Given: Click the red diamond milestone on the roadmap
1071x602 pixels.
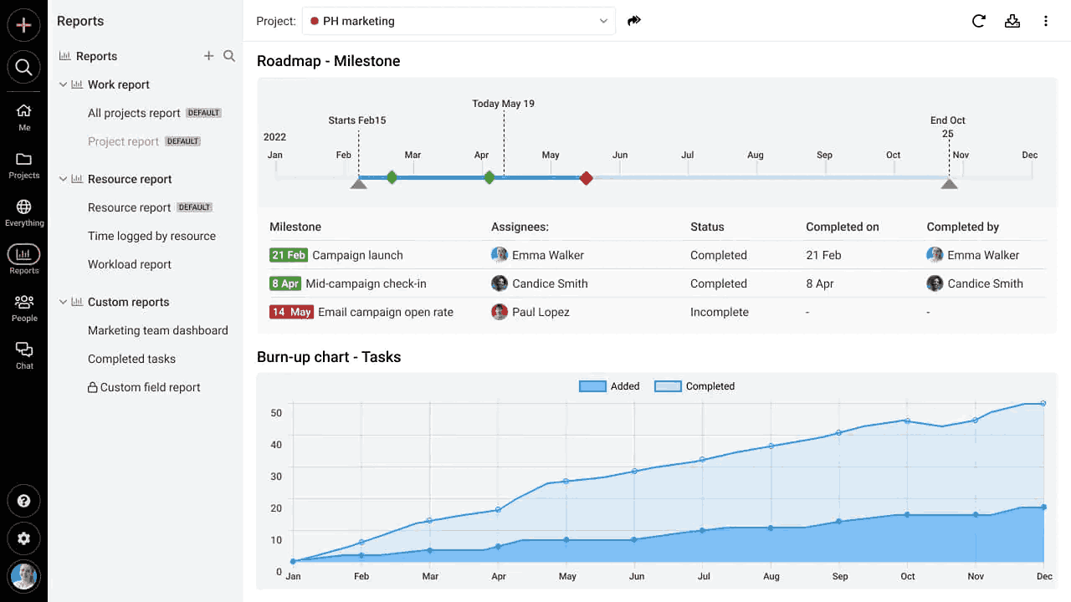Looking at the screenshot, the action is click(587, 178).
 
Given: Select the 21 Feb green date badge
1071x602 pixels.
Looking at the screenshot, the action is click(289, 255).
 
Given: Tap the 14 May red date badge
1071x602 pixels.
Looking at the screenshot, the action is click(291, 312).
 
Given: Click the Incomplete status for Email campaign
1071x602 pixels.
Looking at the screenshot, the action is click(719, 312).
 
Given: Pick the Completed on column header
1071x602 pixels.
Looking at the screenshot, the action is click(842, 227).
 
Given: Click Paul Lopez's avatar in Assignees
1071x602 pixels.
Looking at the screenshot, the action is click(500, 312).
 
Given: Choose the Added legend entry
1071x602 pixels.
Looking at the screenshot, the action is click(608, 386).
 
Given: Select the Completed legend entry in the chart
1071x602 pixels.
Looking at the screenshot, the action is click(694, 386).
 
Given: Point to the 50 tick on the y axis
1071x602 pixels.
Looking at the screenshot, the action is click(276, 413).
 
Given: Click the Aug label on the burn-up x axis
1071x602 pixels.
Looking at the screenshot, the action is click(771, 576).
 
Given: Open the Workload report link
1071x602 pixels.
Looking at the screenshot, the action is click(129, 264).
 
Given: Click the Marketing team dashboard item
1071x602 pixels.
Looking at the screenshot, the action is click(158, 330).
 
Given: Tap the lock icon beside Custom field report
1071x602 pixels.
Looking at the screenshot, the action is click(92, 387).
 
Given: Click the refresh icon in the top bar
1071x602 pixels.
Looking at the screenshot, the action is click(978, 21).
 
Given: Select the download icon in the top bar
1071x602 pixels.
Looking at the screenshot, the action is click(1012, 21).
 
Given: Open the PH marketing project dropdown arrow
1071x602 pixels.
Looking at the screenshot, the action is click(603, 21).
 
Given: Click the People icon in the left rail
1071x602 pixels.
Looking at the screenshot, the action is click(24, 302).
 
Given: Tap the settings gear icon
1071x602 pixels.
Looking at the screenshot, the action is click(23, 538).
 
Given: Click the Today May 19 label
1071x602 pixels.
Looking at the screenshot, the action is click(503, 104).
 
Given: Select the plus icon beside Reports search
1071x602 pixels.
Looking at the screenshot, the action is click(208, 56).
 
